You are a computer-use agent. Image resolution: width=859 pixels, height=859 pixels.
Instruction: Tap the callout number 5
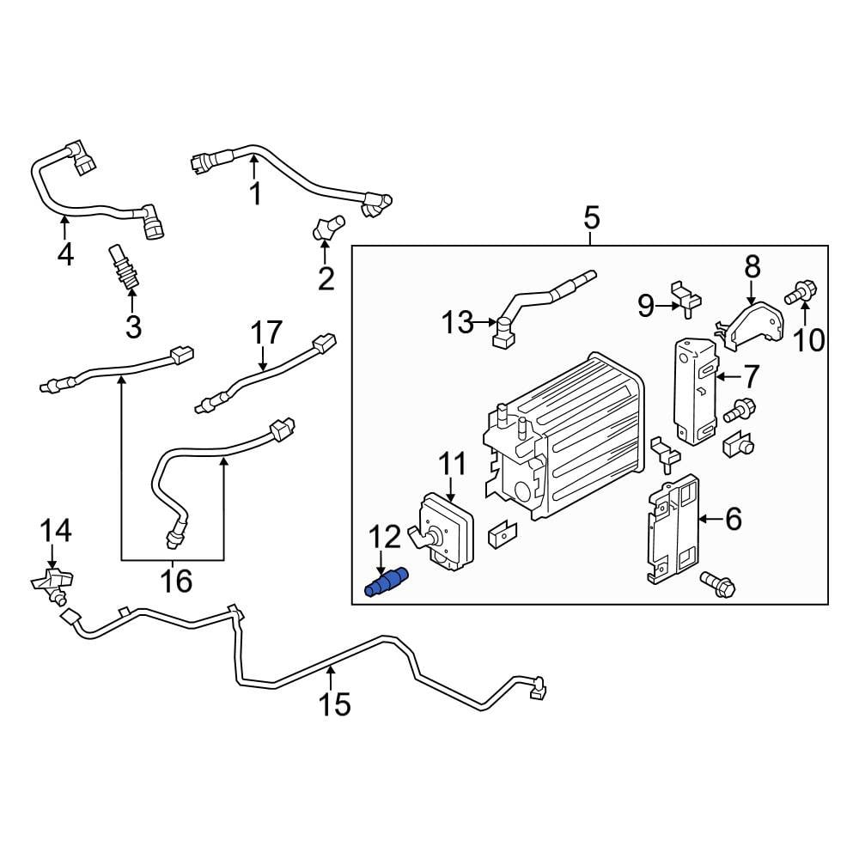(592, 218)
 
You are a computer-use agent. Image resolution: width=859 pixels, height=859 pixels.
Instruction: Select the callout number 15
(335, 705)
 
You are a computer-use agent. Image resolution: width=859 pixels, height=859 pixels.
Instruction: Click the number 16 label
(177, 582)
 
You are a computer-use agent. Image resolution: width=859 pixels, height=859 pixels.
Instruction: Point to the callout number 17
(266, 332)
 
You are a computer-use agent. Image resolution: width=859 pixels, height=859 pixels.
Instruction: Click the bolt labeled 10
(802, 293)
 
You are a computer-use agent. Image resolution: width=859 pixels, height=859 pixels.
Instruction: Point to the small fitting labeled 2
(326, 228)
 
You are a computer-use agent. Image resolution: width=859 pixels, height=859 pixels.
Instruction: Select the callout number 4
(65, 254)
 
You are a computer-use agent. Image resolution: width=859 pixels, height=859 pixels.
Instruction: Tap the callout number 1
(255, 194)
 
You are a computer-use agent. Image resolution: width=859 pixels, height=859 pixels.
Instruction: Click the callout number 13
(457, 323)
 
